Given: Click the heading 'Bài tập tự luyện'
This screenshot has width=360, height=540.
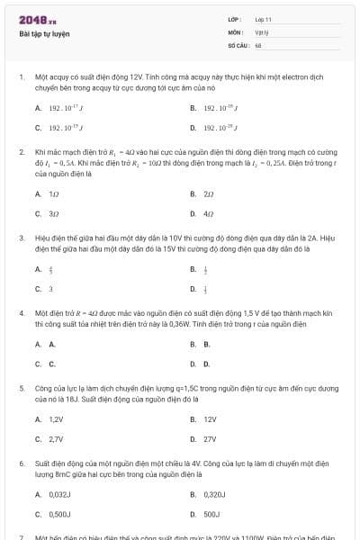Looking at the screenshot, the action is click(44, 33).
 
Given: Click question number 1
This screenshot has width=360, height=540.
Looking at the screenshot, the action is click(21, 78).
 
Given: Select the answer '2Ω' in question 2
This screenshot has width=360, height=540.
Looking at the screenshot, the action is click(209, 193).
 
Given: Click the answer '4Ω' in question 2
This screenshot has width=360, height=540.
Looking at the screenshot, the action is click(209, 214).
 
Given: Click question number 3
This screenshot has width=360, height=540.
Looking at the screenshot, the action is click(21, 239).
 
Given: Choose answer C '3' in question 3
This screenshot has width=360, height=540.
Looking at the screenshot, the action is click(50, 289).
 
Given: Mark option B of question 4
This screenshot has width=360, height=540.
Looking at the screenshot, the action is click(207, 344).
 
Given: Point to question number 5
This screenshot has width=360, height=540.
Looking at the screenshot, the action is click(21, 389).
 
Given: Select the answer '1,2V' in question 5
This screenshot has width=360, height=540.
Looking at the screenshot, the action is click(56, 418).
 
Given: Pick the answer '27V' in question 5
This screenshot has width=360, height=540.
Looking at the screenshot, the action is click(210, 439).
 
